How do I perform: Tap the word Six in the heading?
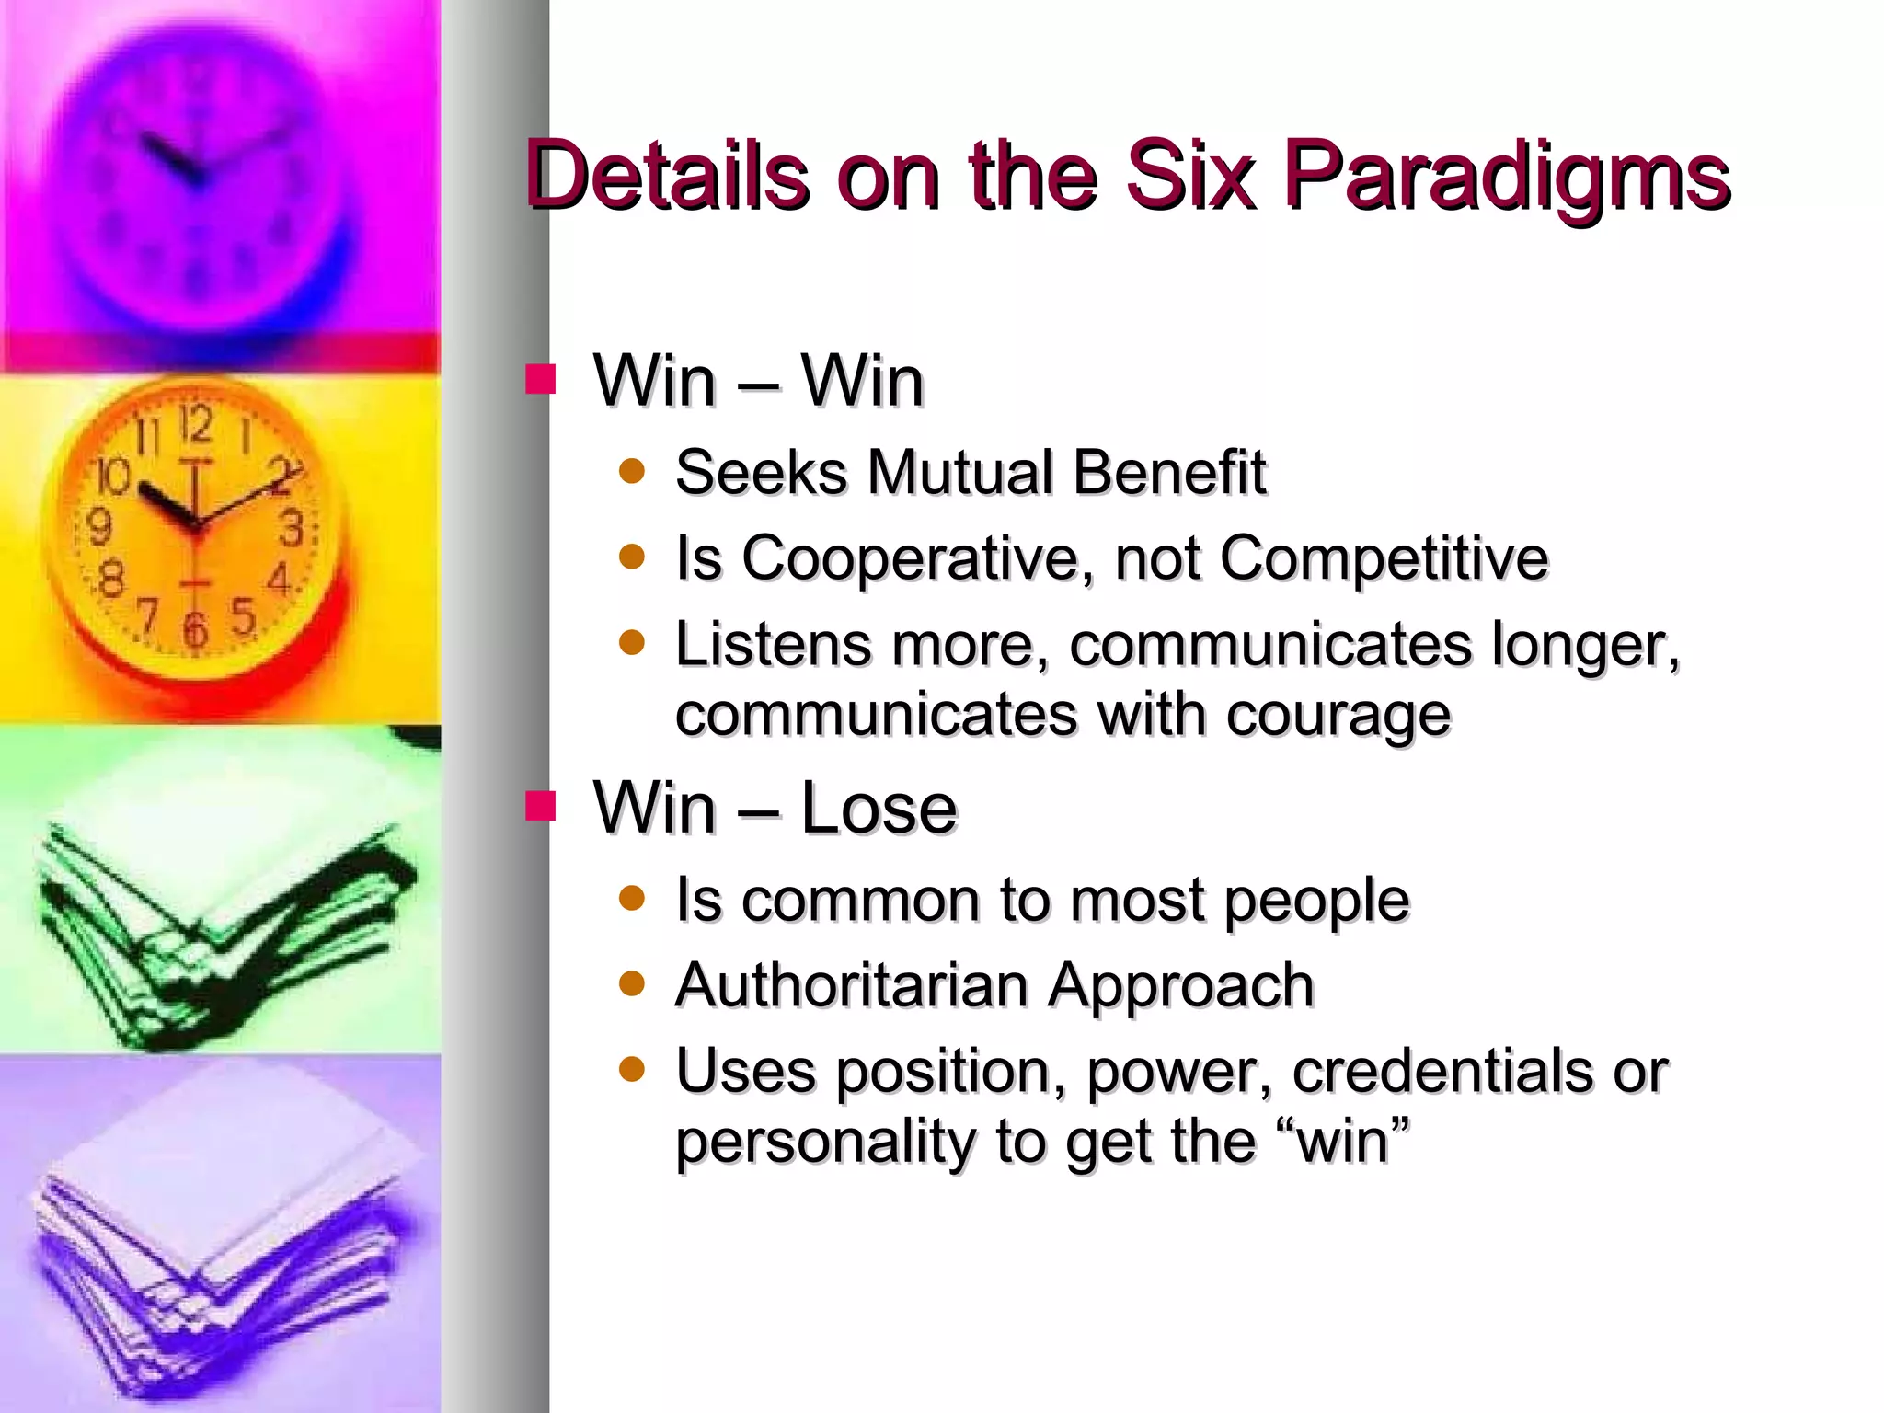[1191, 175]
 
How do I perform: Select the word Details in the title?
[668, 175]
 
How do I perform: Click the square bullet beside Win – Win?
[541, 379]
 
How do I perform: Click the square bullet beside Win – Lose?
[541, 806]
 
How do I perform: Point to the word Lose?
[879, 808]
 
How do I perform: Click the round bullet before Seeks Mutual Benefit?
[632, 472]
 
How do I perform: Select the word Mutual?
[959, 472]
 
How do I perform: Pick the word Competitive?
[1384, 558]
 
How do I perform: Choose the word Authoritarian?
[851, 985]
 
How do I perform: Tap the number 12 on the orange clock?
[195, 425]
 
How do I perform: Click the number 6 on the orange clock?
[194, 630]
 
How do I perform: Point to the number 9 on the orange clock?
[98, 527]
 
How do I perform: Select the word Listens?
[773, 644]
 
